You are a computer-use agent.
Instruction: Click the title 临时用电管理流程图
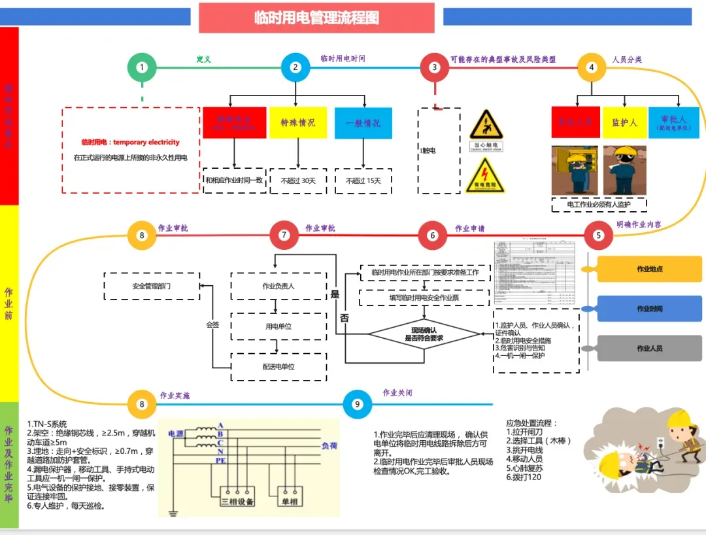[x=316, y=18]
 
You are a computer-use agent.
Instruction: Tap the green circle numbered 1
[x=142, y=67]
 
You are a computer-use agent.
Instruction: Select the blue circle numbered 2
[x=295, y=67]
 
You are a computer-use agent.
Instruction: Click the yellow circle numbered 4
[x=592, y=67]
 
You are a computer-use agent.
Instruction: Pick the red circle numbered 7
[x=284, y=235]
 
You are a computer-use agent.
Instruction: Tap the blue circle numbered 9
[x=358, y=404]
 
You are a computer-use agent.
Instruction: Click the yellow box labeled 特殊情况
[x=298, y=123]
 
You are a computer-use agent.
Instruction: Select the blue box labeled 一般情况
[x=363, y=123]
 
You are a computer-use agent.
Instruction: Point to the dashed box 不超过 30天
[x=298, y=181]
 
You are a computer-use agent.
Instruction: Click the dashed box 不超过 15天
[x=363, y=181]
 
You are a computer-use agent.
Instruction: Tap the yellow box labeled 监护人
[x=624, y=122]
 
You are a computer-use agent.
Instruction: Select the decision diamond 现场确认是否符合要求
[x=424, y=334]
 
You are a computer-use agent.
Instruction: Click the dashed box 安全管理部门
[x=152, y=286]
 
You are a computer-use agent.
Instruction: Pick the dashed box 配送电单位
[x=278, y=367]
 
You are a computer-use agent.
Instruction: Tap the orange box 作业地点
[x=650, y=269]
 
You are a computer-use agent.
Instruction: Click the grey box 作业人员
[x=650, y=349]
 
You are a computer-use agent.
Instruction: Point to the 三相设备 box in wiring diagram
[x=237, y=501]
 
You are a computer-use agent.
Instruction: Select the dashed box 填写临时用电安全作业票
[x=424, y=298]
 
